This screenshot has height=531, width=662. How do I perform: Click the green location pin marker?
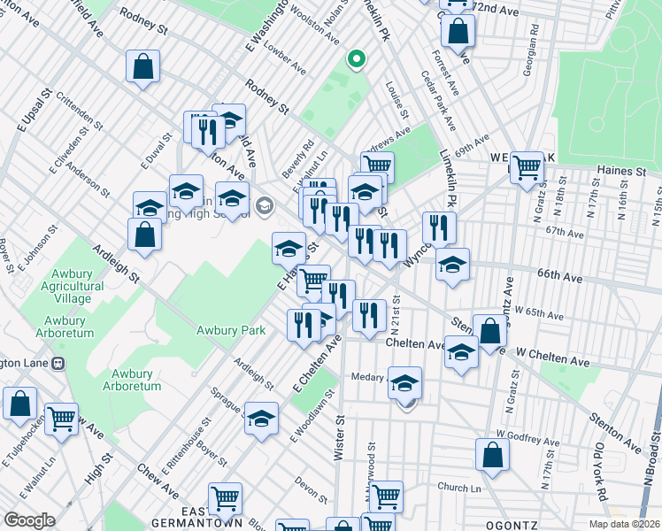pyautogui.click(x=356, y=59)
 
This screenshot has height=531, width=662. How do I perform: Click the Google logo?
pyautogui.click(x=29, y=520)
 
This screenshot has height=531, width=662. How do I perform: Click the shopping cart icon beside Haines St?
pyautogui.click(x=527, y=165)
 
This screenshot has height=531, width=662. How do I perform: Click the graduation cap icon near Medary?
pyautogui.click(x=405, y=383)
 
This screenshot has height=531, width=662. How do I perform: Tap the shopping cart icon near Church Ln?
pyautogui.click(x=387, y=495)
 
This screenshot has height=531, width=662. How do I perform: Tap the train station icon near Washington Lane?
pyautogui.click(x=58, y=363)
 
